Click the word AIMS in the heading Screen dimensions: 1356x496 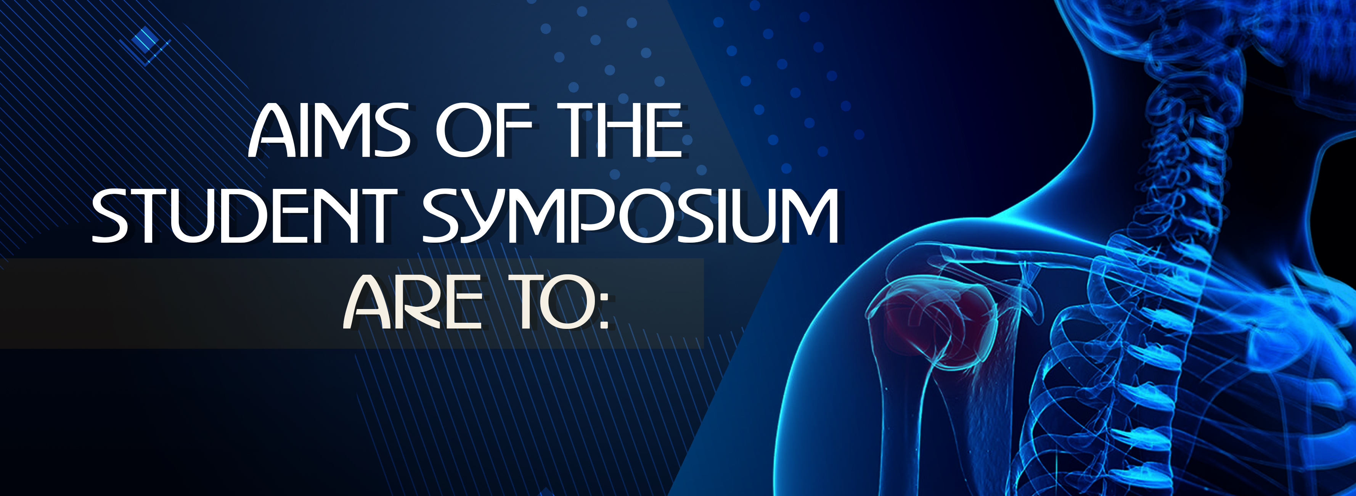click(329, 130)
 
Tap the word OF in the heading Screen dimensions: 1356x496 click(484, 130)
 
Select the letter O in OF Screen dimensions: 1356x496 click(461, 130)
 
